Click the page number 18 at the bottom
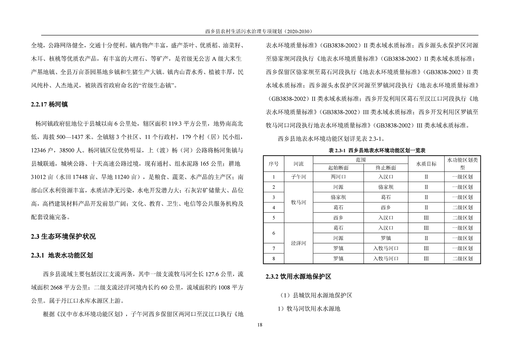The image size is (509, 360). coord(259,325)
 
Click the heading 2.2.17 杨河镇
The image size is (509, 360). coord(49,104)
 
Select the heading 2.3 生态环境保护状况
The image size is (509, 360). coord(64,237)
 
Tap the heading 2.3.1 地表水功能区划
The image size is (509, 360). coord(62,255)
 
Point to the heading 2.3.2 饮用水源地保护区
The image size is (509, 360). coord(298,277)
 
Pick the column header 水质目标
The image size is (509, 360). coord(426,164)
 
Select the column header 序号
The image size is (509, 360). coord(274,164)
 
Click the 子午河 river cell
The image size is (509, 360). coord(298,177)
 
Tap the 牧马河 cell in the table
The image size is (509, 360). coord(298,202)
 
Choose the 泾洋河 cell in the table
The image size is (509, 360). coord(298,243)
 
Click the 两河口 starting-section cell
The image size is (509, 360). coord(338,177)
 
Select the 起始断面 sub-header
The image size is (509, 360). coord(338,167)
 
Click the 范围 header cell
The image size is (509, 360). coord(361,159)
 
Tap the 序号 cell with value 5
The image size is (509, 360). coord(274,218)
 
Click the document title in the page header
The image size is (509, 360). coord(259,31)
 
